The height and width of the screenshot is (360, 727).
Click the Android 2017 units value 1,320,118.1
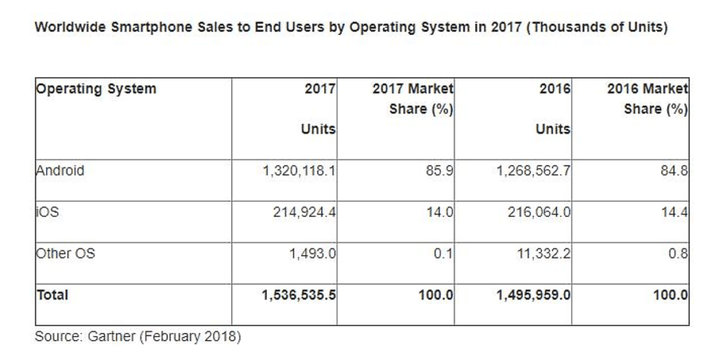[298, 171]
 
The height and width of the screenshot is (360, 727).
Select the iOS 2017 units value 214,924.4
[304, 212]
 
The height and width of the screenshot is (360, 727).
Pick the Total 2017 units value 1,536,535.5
[298, 295]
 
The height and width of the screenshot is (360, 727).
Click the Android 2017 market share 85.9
[439, 171]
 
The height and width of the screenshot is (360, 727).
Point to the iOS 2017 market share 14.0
[439, 212]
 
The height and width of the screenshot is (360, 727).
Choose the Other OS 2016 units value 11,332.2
[544, 253]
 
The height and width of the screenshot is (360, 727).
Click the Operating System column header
[96, 89]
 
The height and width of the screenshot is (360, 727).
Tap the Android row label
[60, 171]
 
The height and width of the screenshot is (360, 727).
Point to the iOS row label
[48, 212]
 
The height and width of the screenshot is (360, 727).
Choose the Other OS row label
[65, 253]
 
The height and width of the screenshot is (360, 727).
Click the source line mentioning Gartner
[138, 337]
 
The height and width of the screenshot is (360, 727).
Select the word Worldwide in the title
[70, 28]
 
